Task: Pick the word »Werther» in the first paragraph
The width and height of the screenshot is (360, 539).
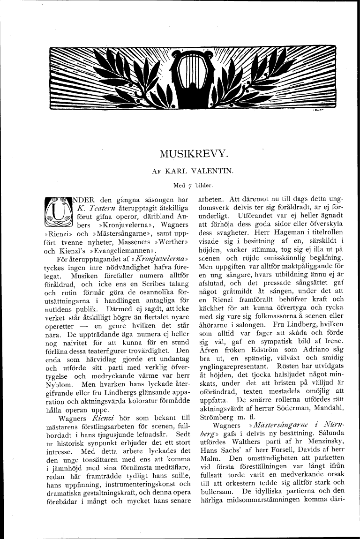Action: pyautogui.click(x=173, y=242)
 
